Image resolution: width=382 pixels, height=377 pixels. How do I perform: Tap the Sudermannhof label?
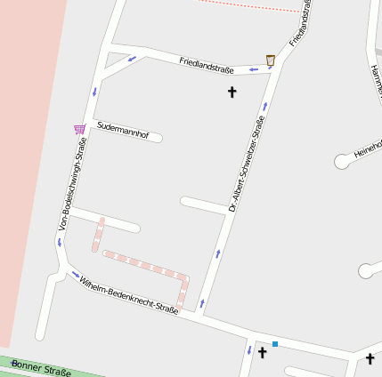(122, 128)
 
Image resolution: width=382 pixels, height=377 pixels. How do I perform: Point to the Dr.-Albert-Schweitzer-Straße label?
(246, 164)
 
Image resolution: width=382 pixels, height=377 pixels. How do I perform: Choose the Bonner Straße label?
(41, 369)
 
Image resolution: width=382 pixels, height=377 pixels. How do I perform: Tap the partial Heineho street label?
(368, 148)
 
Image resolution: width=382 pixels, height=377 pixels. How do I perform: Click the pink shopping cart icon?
(79, 129)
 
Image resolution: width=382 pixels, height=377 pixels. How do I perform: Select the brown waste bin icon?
(271, 60)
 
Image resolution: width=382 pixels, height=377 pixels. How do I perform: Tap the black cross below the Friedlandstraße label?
(232, 92)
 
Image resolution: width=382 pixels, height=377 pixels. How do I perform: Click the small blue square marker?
(275, 343)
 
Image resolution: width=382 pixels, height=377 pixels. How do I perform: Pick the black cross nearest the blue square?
(263, 353)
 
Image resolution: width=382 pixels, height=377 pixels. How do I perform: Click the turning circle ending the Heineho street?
(342, 162)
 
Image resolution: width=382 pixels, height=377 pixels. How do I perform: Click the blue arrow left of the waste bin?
(253, 68)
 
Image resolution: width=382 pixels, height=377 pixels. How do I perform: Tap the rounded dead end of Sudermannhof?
(158, 138)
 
